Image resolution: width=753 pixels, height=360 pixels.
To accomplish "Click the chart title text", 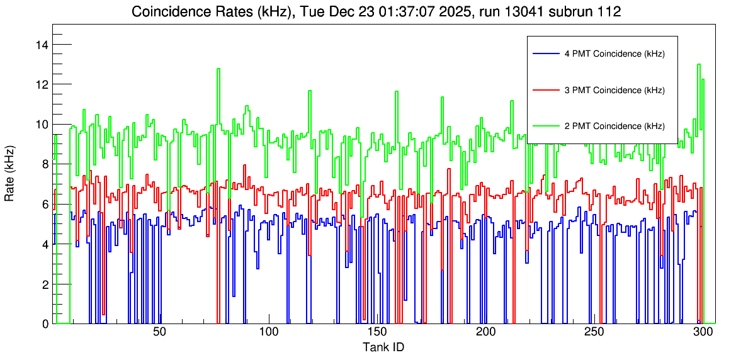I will click(376, 12).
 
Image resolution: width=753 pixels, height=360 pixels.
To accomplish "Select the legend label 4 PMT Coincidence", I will click(614, 54).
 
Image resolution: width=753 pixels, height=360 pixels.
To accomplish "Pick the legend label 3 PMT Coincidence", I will click(614, 90).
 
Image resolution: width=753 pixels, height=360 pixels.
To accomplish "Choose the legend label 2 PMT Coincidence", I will click(614, 126).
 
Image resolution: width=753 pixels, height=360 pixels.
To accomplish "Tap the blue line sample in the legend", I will click(545, 54).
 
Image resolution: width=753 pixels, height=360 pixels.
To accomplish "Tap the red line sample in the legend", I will click(545, 90).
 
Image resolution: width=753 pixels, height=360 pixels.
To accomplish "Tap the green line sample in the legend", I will click(545, 126).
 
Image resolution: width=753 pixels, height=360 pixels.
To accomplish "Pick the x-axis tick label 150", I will click(376, 332).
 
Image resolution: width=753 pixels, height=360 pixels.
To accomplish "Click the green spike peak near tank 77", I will click(218, 69).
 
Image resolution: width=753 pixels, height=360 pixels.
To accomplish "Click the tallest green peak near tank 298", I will click(699, 64).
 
